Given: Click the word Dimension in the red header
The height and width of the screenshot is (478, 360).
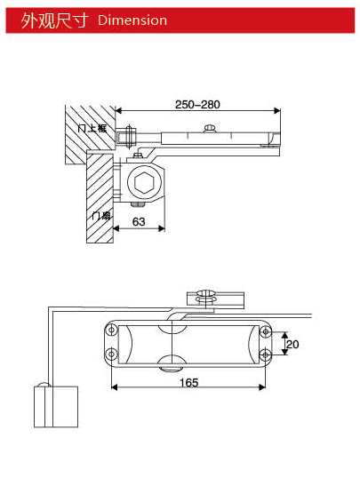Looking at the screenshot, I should pos(132,20).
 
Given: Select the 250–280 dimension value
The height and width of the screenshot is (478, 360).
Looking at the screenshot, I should pos(197,104).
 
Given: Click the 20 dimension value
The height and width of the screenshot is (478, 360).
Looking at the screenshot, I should pos(292,344).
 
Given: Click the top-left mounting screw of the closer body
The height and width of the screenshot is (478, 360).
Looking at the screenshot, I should pos(111,331).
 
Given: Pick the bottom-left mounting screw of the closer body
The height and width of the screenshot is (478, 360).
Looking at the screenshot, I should pos(111,356).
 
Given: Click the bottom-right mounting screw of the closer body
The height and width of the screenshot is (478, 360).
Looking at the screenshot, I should pos(264,356).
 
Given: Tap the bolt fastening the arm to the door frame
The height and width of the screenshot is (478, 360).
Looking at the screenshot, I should pos(125,137).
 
